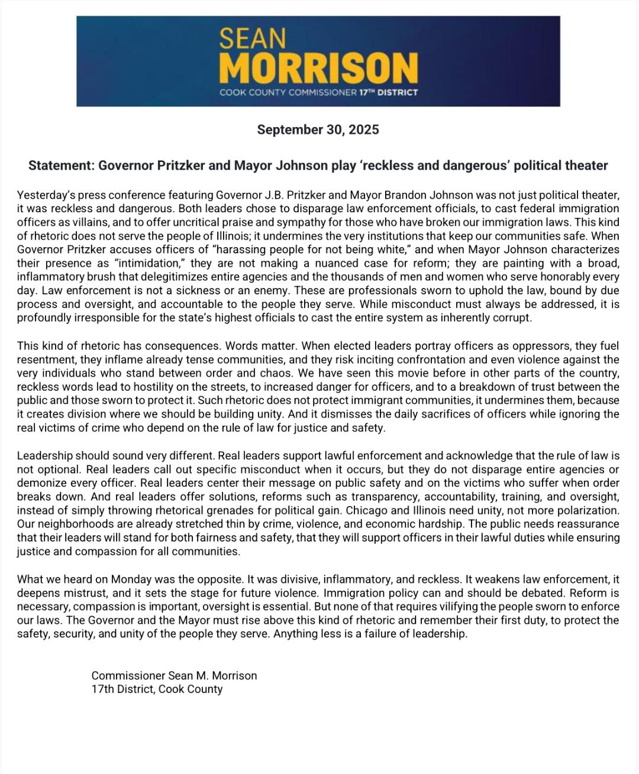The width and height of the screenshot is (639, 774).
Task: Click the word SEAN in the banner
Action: [x=252, y=38]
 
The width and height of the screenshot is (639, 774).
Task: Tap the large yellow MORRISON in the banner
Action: [x=318, y=68]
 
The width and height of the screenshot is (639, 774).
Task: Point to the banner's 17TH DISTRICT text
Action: [x=388, y=92]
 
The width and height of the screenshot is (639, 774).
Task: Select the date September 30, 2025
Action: [x=318, y=129]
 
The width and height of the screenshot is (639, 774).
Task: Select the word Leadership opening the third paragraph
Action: [x=45, y=456]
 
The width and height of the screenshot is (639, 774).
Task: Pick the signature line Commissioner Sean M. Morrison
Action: [x=174, y=675]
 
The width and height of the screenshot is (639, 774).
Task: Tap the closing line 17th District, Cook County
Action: [x=157, y=689]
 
